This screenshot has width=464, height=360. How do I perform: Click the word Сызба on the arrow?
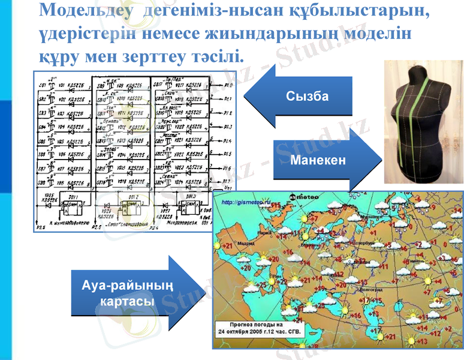coord(307,96)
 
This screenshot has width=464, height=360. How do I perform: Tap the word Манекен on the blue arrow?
coord(318,160)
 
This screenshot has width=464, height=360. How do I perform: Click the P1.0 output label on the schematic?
coord(228,85)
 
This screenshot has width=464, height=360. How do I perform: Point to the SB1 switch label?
coord(42,85)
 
